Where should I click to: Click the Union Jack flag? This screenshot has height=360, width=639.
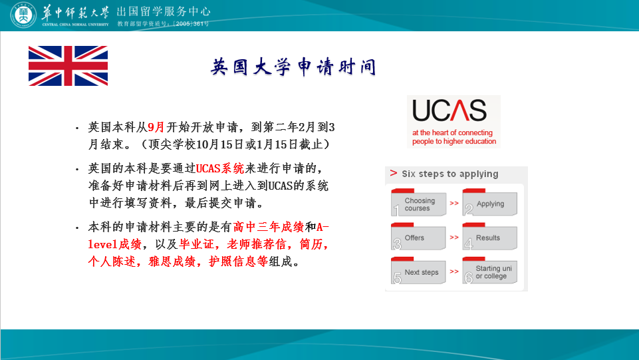point(68,66)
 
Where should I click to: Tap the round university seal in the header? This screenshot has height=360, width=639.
point(23,15)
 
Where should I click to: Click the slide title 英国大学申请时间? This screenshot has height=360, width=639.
point(293,67)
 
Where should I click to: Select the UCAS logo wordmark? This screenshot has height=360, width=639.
point(449,110)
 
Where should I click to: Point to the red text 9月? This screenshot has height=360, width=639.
point(156,127)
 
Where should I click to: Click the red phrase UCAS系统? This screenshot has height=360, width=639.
point(220,168)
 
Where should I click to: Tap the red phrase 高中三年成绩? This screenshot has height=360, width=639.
point(269,227)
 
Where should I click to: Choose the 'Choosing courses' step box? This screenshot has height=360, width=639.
point(418,202)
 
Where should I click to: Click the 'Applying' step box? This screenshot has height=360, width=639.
point(490,202)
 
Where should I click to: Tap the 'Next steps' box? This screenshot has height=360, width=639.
point(418,271)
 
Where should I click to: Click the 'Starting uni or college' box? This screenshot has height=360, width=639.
point(490,271)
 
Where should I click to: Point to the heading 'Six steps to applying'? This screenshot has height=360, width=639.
point(450,174)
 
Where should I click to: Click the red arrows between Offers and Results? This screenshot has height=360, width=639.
point(454,238)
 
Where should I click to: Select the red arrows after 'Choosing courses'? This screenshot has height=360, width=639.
point(454,203)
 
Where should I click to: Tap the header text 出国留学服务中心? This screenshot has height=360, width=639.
point(164,11)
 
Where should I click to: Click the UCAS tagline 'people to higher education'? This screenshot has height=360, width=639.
point(454,142)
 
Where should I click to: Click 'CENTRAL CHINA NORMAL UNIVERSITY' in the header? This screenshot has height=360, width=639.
point(75,25)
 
